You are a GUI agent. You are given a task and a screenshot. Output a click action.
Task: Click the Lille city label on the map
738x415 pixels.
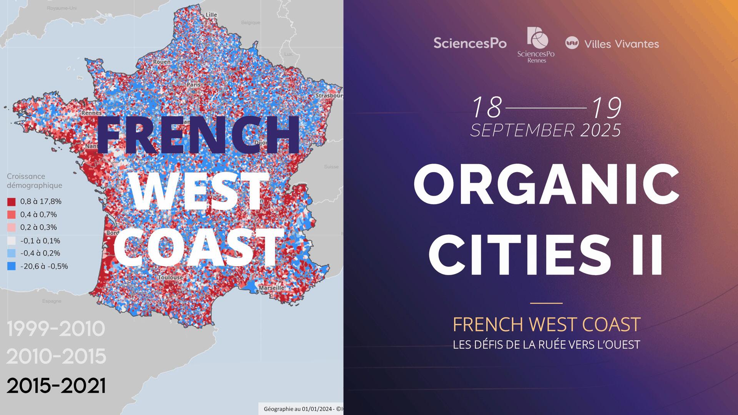pyautogui.click(x=211, y=15)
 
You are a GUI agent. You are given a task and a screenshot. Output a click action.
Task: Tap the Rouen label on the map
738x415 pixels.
pyautogui.click(x=162, y=61)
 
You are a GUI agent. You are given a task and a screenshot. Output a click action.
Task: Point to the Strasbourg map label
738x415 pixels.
pyautogui.click(x=329, y=95)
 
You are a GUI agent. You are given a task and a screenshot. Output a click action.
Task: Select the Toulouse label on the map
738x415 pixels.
pyautogui.click(x=170, y=277)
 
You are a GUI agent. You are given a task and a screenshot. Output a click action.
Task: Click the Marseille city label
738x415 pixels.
pyautogui.click(x=272, y=287)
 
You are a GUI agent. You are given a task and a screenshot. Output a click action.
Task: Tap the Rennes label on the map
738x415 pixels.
pyautogui.click(x=91, y=113)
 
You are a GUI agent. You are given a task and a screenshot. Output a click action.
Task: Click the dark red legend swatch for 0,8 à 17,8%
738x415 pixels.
pyautogui.click(x=11, y=202)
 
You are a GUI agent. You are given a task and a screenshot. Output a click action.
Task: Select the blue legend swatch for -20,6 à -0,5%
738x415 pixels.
pyautogui.click(x=11, y=266)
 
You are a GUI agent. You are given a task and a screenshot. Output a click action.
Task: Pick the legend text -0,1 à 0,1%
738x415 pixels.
pyautogui.click(x=40, y=241)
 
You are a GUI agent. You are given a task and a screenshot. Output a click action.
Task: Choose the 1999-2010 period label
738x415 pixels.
pyautogui.click(x=56, y=329)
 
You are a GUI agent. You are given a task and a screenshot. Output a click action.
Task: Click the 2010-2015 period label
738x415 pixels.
pyautogui.click(x=56, y=357)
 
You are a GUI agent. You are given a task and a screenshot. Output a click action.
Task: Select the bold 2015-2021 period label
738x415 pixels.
pyautogui.click(x=56, y=385)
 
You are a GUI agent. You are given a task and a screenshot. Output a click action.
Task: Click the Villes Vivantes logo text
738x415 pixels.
pyautogui.click(x=621, y=44)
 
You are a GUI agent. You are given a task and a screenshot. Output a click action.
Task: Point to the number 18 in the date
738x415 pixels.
pyautogui.click(x=487, y=108)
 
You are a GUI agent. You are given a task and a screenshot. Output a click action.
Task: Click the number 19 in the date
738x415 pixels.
pyautogui.click(x=607, y=108)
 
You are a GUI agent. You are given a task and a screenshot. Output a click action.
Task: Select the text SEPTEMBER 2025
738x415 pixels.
pyautogui.click(x=546, y=131)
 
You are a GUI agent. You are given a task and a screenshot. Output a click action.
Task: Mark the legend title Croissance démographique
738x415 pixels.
pyautogui.click(x=35, y=181)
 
